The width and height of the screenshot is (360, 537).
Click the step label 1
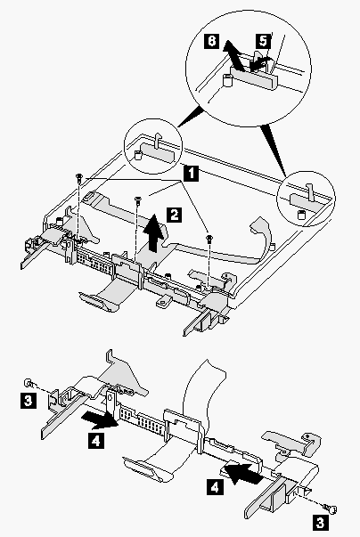[x=191, y=173]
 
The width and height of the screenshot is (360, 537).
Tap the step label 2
[x=175, y=216]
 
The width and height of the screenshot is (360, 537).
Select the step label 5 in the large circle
[x=263, y=41]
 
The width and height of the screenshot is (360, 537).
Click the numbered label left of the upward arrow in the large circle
[x=212, y=41]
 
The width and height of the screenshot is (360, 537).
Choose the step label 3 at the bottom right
[x=320, y=523]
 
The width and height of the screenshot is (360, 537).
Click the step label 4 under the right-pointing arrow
[x=96, y=440]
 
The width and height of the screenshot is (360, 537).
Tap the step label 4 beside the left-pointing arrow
[x=215, y=486]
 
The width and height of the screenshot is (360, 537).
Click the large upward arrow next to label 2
[x=155, y=233]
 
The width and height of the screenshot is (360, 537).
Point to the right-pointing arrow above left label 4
[x=100, y=419]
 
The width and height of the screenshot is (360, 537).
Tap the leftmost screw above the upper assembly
[x=79, y=177]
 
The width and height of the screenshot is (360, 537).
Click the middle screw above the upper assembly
[x=137, y=200]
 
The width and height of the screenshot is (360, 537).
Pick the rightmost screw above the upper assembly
[x=209, y=238]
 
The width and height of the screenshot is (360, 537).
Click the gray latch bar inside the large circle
[x=254, y=77]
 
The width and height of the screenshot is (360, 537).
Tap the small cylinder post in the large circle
[x=228, y=81]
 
